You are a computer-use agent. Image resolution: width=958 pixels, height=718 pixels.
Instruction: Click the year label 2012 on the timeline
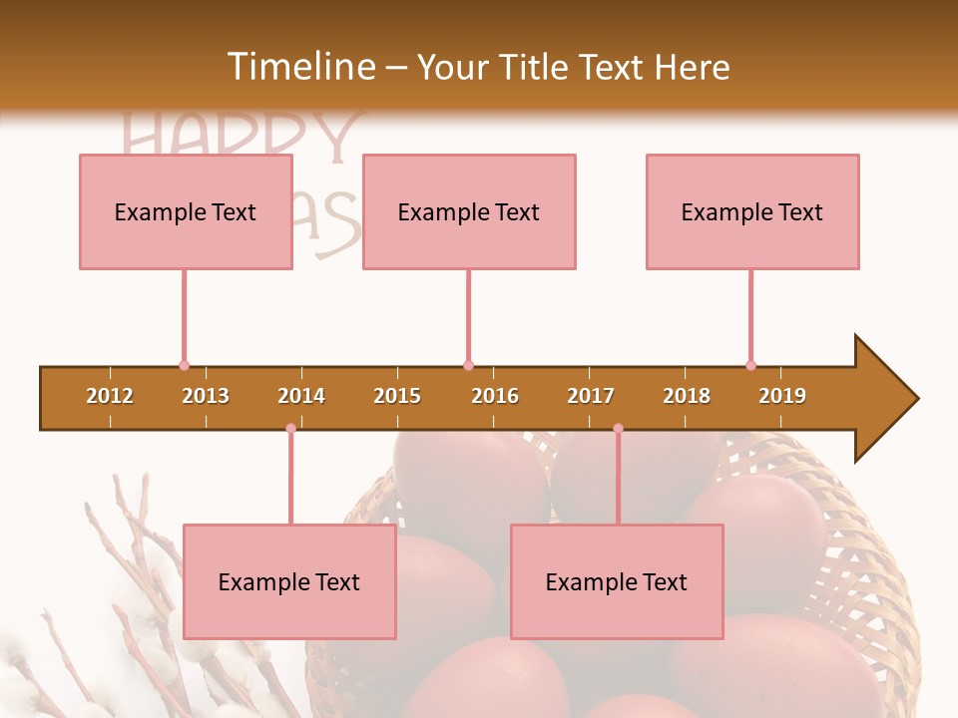[x=110, y=396]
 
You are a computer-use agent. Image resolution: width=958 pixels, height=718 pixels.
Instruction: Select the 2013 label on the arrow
[x=206, y=396]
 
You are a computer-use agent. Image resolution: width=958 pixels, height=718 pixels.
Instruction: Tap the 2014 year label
[x=301, y=396]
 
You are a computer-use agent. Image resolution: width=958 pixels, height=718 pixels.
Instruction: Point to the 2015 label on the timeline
[x=397, y=396]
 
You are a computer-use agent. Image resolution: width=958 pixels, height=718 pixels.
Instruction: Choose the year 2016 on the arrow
[x=495, y=396]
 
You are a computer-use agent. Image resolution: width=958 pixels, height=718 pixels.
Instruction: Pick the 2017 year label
[x=591, y=396]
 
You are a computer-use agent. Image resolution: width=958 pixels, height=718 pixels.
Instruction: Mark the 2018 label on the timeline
[x=687, y=396]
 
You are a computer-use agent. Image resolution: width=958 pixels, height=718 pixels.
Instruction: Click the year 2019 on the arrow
[x=782, y=396]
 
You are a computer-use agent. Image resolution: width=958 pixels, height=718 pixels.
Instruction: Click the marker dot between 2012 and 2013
[x=184, y=366]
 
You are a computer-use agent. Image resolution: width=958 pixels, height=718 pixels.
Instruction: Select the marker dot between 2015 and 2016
[x=468, y=366]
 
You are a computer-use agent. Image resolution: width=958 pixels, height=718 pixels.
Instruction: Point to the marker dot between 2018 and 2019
[x=750, y=366]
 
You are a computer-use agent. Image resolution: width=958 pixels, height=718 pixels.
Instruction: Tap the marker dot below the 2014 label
[x=290, y=429]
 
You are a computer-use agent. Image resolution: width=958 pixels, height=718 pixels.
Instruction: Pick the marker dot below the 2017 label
[x=618, y=429]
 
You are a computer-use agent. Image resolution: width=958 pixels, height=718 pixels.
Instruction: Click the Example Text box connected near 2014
[x=289, y=582]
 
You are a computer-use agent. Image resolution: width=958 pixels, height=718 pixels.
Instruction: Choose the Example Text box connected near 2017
[x=617, y=582]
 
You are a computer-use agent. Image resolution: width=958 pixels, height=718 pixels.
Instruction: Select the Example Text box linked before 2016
[x=469, y=212]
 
